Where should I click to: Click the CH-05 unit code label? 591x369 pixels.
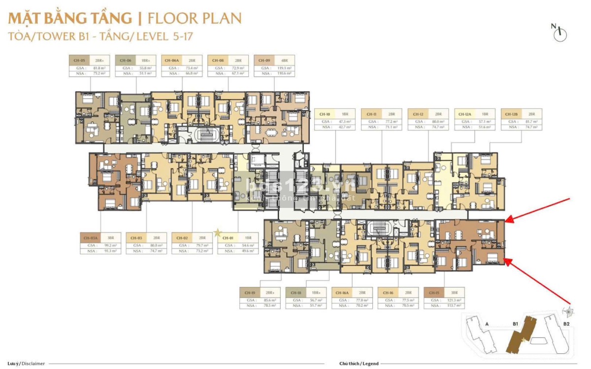click(79, 61)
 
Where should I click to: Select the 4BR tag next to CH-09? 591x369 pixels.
click(282, 61)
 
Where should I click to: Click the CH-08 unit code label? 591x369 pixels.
click(218, 61)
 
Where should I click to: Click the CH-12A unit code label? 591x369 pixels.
click(465, 114)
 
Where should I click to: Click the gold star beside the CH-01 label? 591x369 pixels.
click(217, 233)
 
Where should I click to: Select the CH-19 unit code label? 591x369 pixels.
click(250, 293)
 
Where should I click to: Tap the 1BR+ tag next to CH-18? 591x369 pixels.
click(316, 293)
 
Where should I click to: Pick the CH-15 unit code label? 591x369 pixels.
click(434, 293)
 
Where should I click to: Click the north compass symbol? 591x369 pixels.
click(560, 34)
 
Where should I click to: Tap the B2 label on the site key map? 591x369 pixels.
click(566, 324)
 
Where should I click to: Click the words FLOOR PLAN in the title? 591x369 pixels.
click(195, 19)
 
